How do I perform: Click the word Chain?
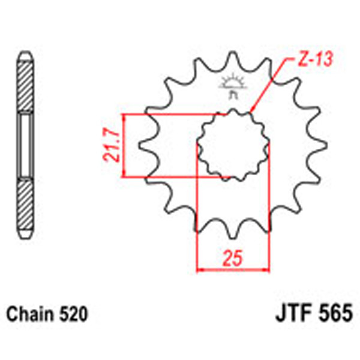pyautogui.click(x=28, y=313)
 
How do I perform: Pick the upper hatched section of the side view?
pyautogui.click(x=24, y=84)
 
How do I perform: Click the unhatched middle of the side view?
pyautogui.click(x=24, y=145)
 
